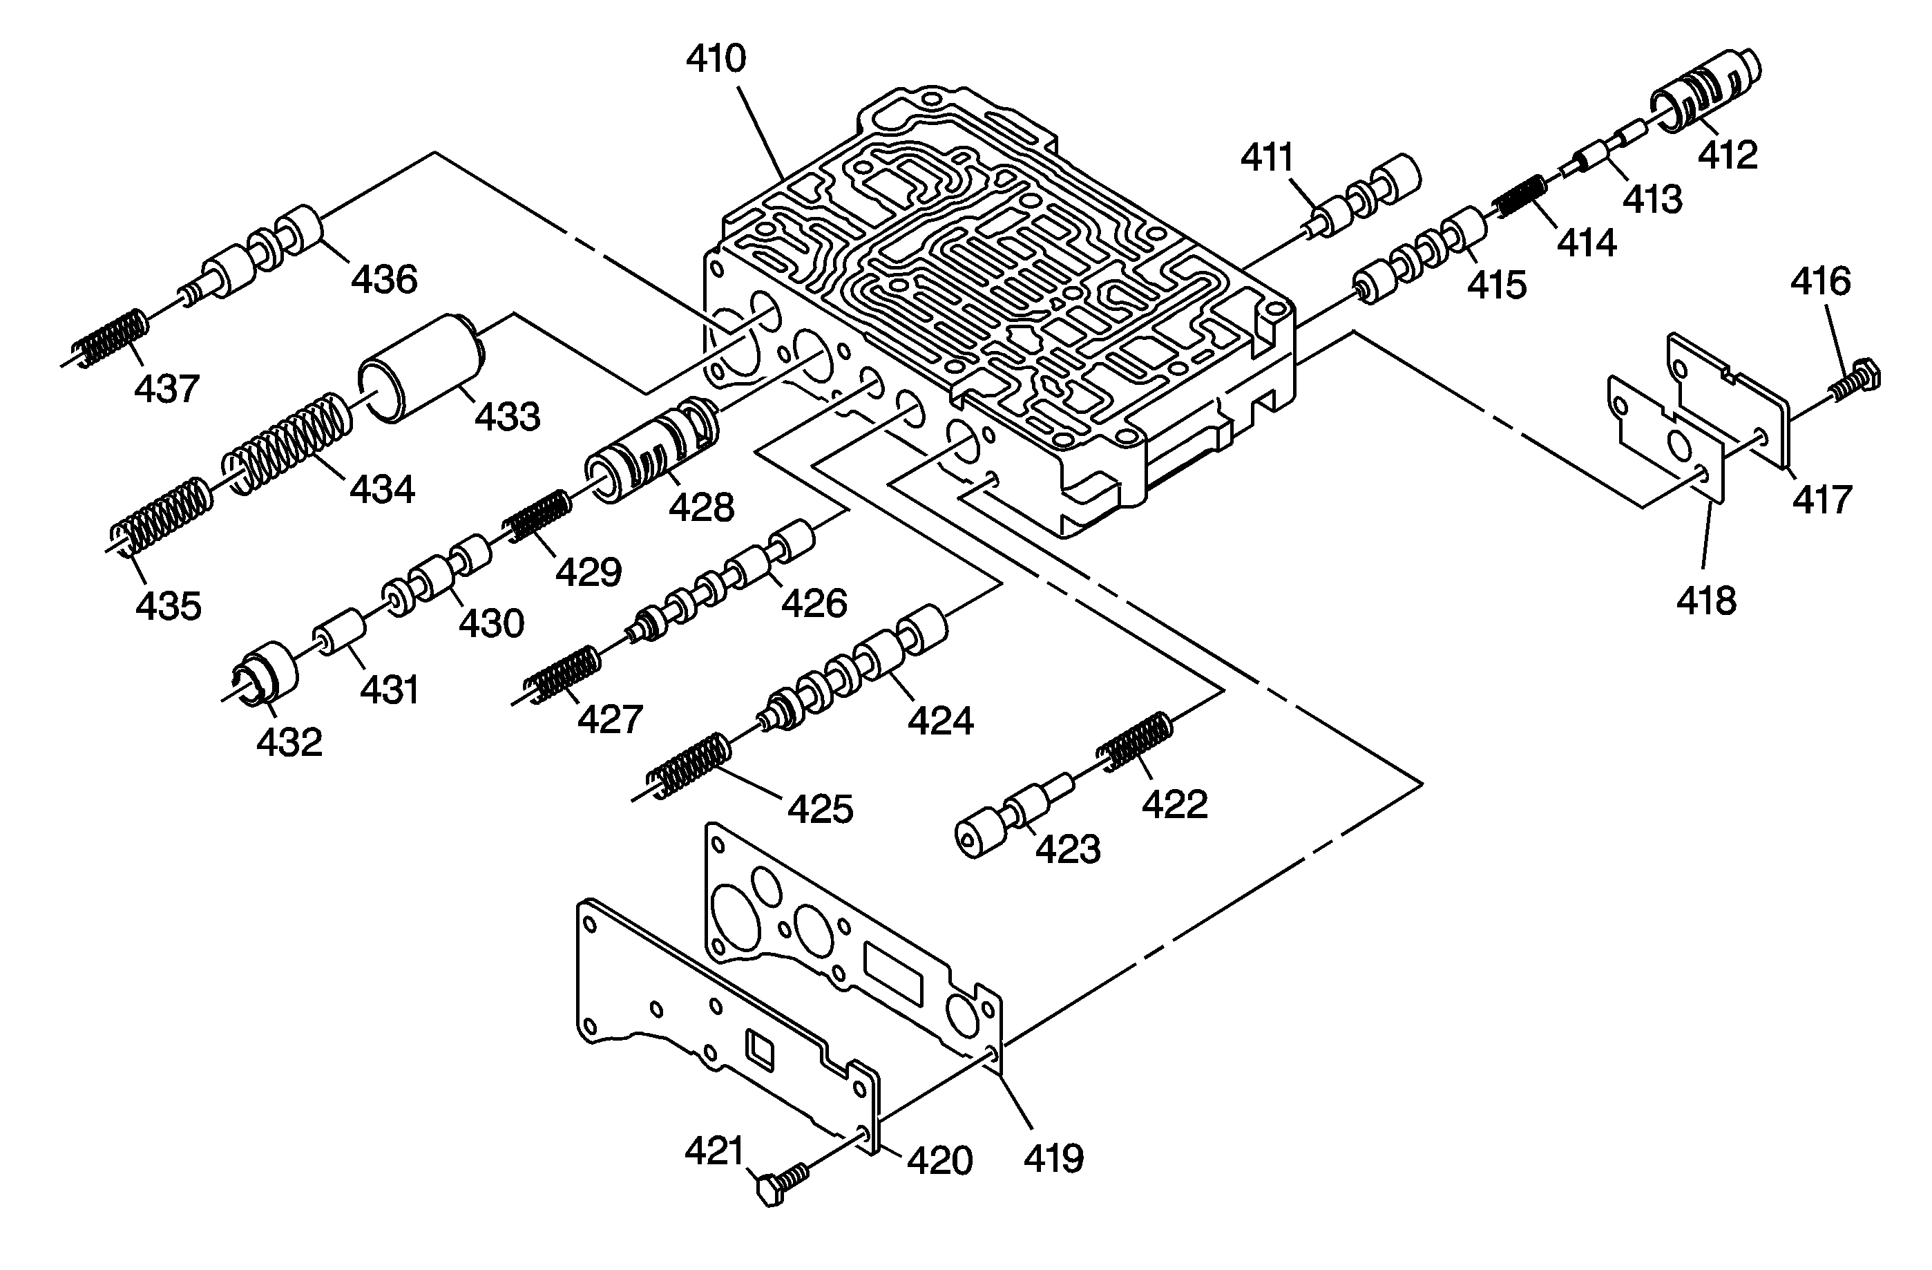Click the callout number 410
716,59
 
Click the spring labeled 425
690,764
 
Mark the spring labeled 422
1136,741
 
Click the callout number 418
1706,601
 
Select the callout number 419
1053,1158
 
